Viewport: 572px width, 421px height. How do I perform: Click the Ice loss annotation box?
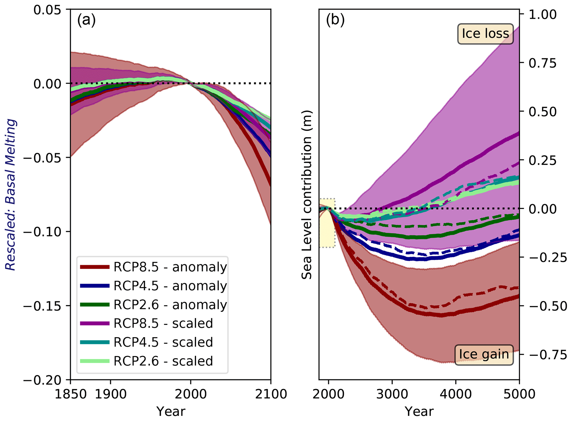coord(485,34)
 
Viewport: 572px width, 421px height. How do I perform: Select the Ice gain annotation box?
coord(484,355)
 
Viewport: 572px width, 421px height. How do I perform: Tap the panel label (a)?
coord(86,20)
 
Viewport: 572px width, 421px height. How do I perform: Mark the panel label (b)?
coord(335,20)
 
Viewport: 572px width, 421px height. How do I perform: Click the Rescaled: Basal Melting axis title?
coord(11,195)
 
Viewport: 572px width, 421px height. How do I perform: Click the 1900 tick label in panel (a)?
coord(111,394)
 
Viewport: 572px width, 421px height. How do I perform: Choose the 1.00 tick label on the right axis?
coord(542,15)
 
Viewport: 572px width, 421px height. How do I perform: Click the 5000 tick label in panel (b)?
coord(519,394)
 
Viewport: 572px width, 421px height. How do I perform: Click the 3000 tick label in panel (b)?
coord(392,394)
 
